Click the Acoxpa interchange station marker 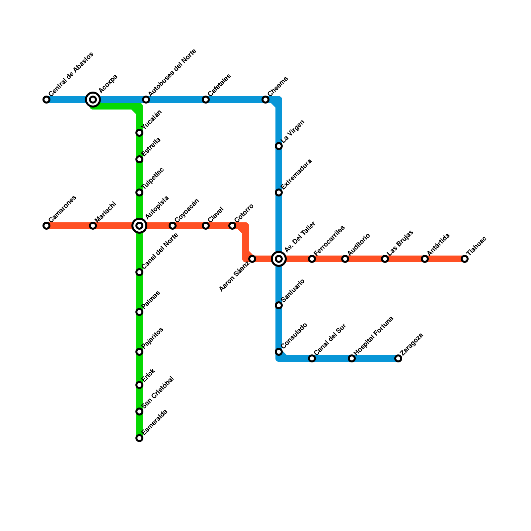[x=93, y=100]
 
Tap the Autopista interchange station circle [x=139, y=226]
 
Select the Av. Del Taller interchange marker [x=279, y=259]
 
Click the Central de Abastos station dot [x=46, y=100]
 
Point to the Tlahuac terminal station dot [x=465, y=259]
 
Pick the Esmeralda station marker [x=139, y=438]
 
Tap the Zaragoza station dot [x=398, y=358]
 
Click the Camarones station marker [x=46, y=226]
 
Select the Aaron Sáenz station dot [x=252, y=259]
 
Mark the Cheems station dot [x=265, y=100]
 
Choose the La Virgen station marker [x=279, y=146]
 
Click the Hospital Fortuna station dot [x=352, y=358]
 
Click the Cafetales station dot [x=206, y=100]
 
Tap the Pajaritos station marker [x=139, y=352]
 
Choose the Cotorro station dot [x=232, y=226]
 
